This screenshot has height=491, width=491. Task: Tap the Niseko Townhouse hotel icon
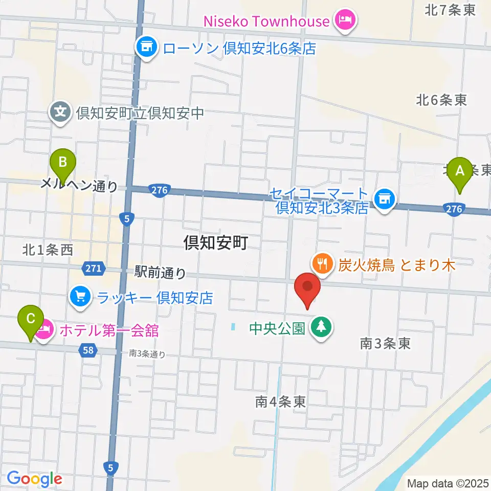point(342,20)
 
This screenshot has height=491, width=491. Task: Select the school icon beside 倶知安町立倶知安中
point(60,111)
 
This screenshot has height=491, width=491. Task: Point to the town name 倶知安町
point(216,243)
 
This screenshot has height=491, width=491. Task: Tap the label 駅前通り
point(161,272)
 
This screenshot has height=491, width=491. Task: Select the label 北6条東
point(441,100)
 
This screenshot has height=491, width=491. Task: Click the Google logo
point(35,479)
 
